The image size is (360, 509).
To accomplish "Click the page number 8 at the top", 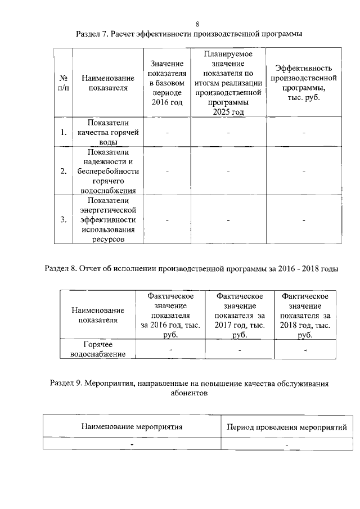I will pyautogui.click(x=197, y=24).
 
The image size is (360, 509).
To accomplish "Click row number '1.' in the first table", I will pyautogui.click(x=64, y=133).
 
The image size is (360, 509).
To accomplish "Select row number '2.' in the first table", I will pyautogui.click(x=64, y=171).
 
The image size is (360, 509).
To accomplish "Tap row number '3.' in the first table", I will pyautogui.click(x=64, y=219).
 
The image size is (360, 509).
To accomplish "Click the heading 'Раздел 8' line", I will pyautogui.click(x=191, y=268).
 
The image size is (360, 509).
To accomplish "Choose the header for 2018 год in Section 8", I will pyautogui.click(x=305, y=315).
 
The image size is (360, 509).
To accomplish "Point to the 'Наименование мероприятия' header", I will pyautogui.click(x=132, y=427).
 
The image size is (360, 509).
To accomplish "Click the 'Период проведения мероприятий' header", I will pyautogui.click(x=286, y=427).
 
